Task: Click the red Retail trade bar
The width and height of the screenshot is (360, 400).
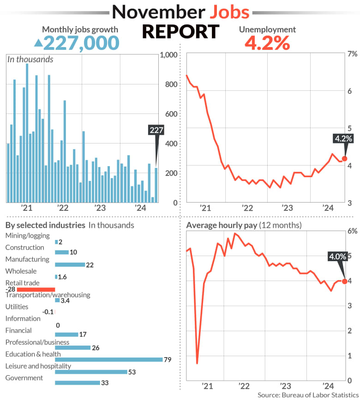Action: pyautogui.click(x=36, y=289)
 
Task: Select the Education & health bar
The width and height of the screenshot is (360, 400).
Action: pyautogui.click(x=108, y=359)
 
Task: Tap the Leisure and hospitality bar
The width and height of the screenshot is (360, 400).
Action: pyautogui.click(x=91, y=371)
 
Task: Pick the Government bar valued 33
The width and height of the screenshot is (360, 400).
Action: pyautogui.click(x=77, y=382)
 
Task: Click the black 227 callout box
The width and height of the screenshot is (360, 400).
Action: pyautogui.click(x=156, y=130)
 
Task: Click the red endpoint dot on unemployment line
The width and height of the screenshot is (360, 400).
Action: pyautogui.click(x=344, y=158)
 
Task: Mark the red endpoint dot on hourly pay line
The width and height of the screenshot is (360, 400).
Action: pyautogui.click(x=344, y=281)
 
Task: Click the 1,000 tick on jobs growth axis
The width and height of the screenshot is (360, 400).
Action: pyautogui.click(x=168, y=55)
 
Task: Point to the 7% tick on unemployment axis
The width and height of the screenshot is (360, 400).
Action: pyautogui.click(x=352, y=54)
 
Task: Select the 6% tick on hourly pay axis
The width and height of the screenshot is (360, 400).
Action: pyautogui.click(x=352, y=231)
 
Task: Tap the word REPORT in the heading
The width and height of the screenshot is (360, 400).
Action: pyautogui.click(x=180, y=32)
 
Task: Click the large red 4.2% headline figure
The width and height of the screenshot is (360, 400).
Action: pyautogui.click(x=267, y=43)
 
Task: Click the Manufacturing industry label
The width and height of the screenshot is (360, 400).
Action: pyautogui.click(x=27, y=259)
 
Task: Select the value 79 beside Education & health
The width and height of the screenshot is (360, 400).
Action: pyautogui.click(x=168, y=359)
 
